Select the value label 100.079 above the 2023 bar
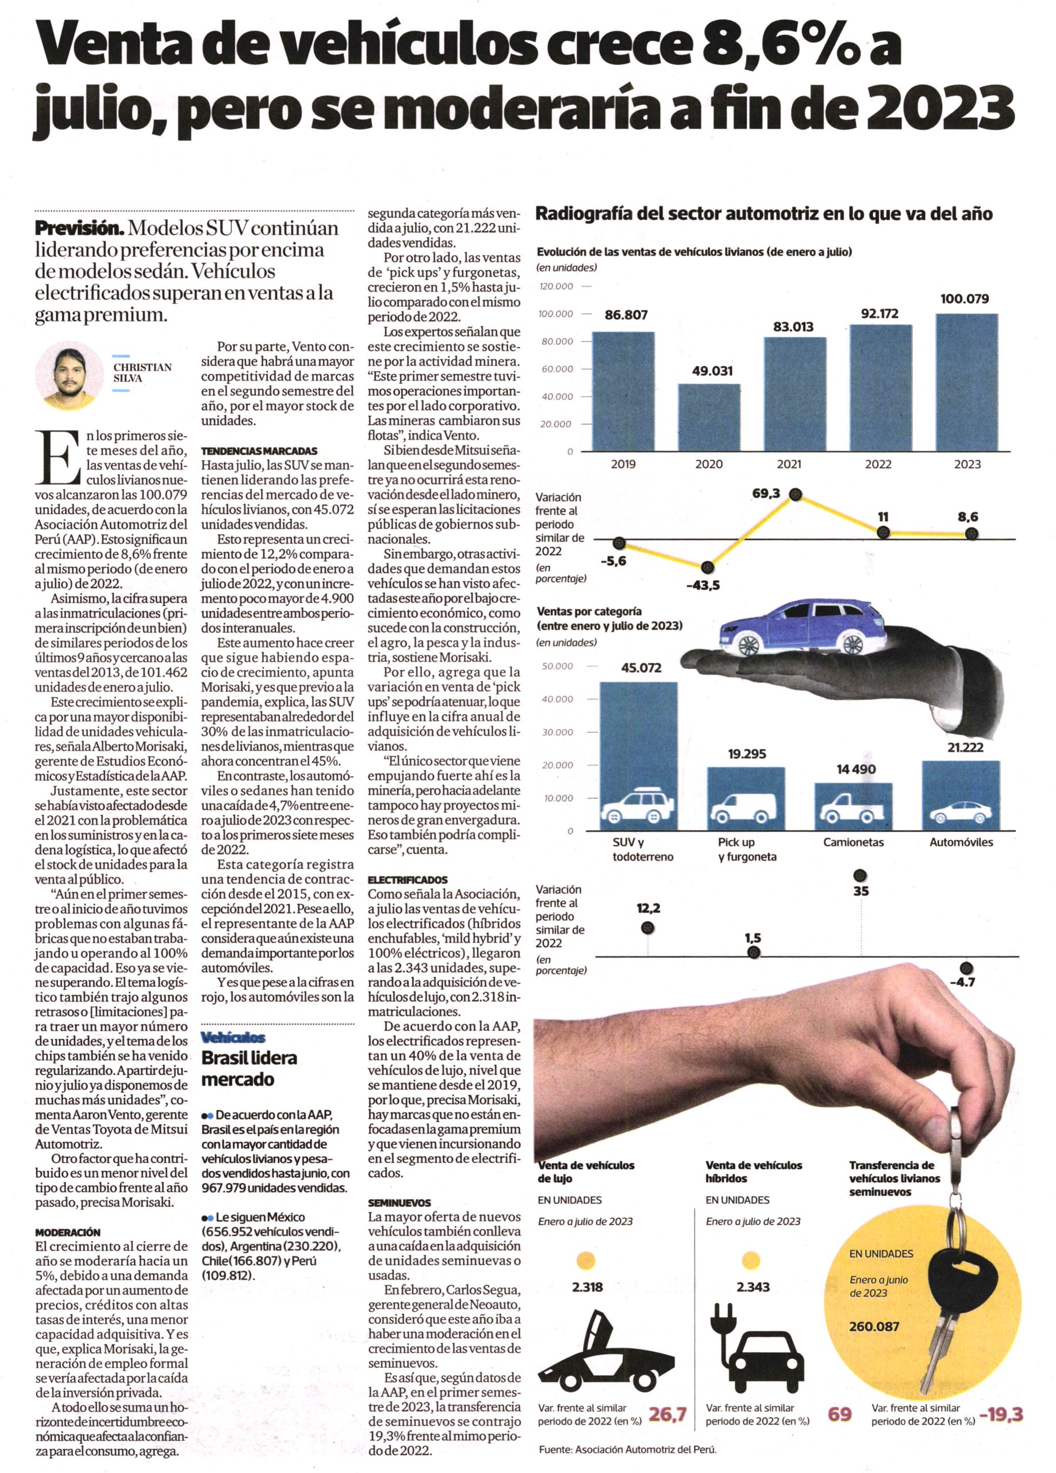(965, 299)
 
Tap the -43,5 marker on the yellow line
(709, 567)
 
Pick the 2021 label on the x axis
(789, 464)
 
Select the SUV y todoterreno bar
(638, 757)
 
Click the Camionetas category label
(853, 842)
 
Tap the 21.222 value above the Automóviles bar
(965, 747)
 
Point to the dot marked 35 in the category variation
(861, 876)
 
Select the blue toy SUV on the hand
(804, 629)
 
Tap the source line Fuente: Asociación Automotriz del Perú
(628, 1463)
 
